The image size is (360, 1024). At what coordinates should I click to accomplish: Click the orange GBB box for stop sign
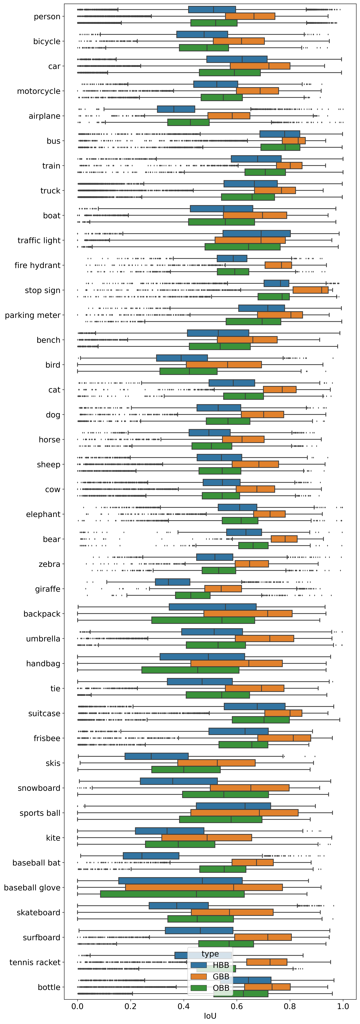310,290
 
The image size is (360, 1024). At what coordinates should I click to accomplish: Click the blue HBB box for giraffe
172,582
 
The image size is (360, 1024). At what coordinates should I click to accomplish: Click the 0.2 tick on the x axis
130,1007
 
